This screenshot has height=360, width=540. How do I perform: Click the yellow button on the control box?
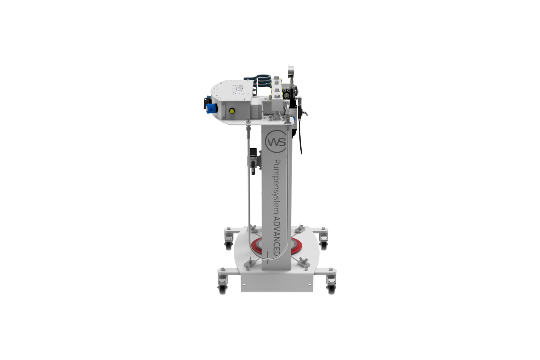(232, 111)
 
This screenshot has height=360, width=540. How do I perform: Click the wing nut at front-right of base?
(303, 263)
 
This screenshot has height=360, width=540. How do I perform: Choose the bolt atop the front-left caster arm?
(223, 269)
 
